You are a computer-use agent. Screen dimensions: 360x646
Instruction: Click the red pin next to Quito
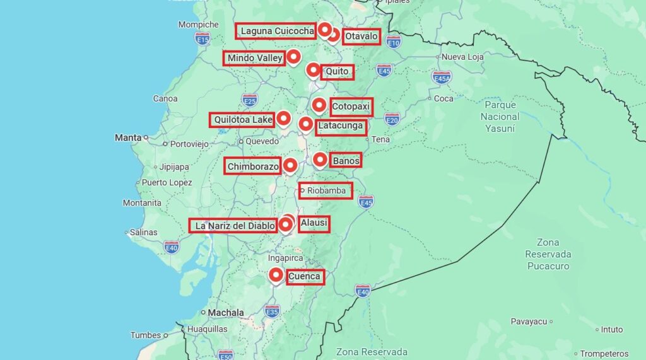(313, 69)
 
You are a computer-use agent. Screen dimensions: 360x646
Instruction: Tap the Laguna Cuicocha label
(276, 31)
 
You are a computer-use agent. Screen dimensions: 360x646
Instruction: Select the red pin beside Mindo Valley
(293, 57)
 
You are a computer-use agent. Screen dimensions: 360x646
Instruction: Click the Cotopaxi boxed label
(351, 107)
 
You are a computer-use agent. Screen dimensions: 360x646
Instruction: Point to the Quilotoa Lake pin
(283, 118)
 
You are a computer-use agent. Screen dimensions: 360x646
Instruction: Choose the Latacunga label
(341, 126)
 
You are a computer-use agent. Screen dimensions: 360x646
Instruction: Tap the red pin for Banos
(320, 160)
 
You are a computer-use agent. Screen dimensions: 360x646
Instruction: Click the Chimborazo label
(253, 166)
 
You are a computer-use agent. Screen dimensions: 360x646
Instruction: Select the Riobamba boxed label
(326, 190)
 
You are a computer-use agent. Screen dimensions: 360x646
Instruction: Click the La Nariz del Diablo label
(233, 226)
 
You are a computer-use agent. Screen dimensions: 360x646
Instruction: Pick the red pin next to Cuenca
(276, 275)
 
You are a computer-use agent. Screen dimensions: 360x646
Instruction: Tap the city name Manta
(127, 137)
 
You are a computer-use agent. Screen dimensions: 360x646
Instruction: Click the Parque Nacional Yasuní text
(500, 116)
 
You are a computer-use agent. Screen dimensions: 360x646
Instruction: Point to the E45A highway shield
(442, 78)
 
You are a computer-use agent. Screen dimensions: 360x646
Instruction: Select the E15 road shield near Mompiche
(202, 39)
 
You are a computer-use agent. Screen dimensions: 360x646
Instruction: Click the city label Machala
(226, 313)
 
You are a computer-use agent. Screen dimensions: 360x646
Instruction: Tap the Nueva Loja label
(462, 57)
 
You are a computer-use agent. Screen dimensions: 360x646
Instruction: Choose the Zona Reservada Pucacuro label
(548, 254)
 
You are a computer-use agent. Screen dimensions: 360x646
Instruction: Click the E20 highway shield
(392, 119)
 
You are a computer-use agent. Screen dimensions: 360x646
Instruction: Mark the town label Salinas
(143, 232)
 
